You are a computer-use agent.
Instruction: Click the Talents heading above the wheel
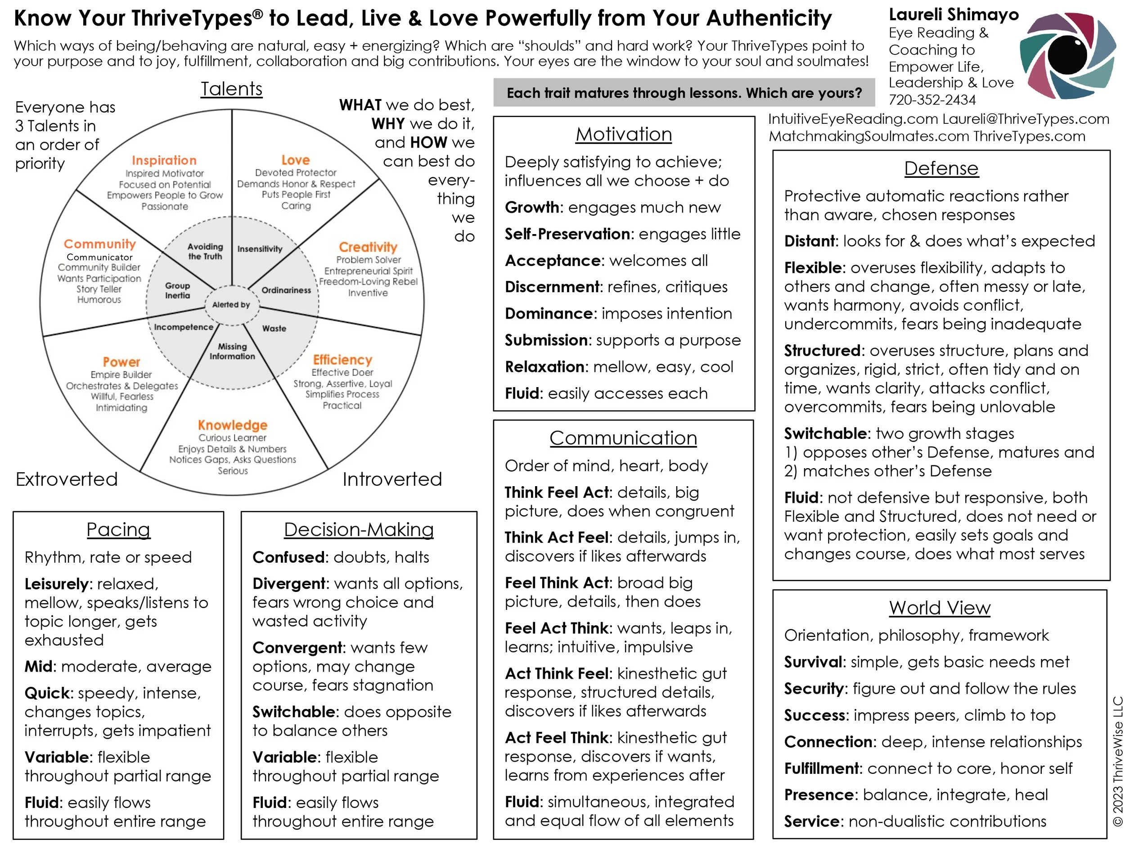point(231,89)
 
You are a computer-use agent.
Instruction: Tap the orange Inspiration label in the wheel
point(164,160)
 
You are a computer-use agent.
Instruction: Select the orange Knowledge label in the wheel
point(233,425)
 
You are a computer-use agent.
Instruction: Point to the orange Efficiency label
point(342,360)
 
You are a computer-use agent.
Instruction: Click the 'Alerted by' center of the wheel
point(231,305)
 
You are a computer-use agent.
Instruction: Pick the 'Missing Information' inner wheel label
point(233,351)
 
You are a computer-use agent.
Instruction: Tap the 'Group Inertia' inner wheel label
point(177,290)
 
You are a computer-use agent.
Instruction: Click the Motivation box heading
point(624,134)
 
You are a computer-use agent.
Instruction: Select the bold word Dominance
point(549,313)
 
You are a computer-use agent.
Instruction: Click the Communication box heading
point(623,438)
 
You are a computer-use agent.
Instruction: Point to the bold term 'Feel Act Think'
point(557,628)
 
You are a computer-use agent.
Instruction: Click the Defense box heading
point(941,168)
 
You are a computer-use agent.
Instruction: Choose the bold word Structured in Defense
point(822,351)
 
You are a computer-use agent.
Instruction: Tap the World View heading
point(939,608)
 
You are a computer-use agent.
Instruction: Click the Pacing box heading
point(118,530)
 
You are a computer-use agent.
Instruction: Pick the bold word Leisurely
point(56,584)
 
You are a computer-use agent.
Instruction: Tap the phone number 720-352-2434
point(932,100)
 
